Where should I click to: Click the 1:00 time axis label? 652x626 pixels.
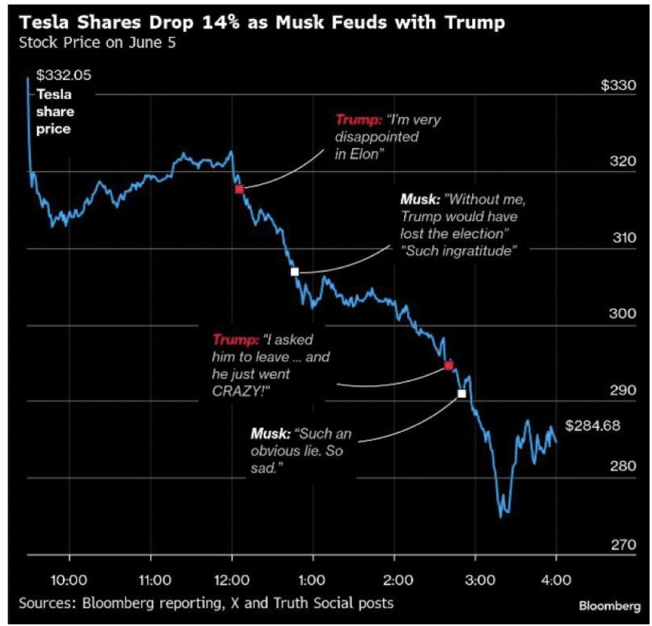click(313, 580)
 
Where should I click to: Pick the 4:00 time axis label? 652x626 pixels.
click(557, 580)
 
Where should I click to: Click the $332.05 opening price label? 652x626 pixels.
click(64, 76)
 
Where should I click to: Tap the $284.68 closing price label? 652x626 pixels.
click(592, 425)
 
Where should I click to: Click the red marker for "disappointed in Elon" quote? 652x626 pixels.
click(239, 189)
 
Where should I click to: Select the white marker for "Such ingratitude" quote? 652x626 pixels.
click(294, 272)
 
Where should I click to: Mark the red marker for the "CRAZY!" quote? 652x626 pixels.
click(449, 365)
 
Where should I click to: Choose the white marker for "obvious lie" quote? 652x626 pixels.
click(461, 394)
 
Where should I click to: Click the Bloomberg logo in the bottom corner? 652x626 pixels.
click(609, 606)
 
